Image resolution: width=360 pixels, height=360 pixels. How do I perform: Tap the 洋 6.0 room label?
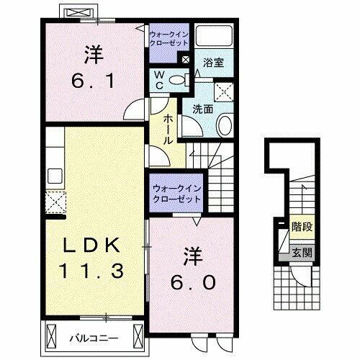click(x=192, y=268)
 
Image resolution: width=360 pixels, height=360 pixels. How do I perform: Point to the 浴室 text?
click(x=213, y=63)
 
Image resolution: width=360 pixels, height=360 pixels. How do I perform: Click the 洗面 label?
click(x=202, y=109)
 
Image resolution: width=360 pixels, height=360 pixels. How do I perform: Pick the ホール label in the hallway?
click(x=168, y=130)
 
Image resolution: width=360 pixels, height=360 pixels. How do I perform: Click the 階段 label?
click(x=302, y=226)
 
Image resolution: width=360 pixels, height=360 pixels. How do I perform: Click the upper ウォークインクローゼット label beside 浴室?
click(x=168, y=38)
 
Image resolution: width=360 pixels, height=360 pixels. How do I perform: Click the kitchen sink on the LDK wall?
click(x=53, y=175)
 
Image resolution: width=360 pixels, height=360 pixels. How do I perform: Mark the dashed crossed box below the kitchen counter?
click(x=54, y=202)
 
